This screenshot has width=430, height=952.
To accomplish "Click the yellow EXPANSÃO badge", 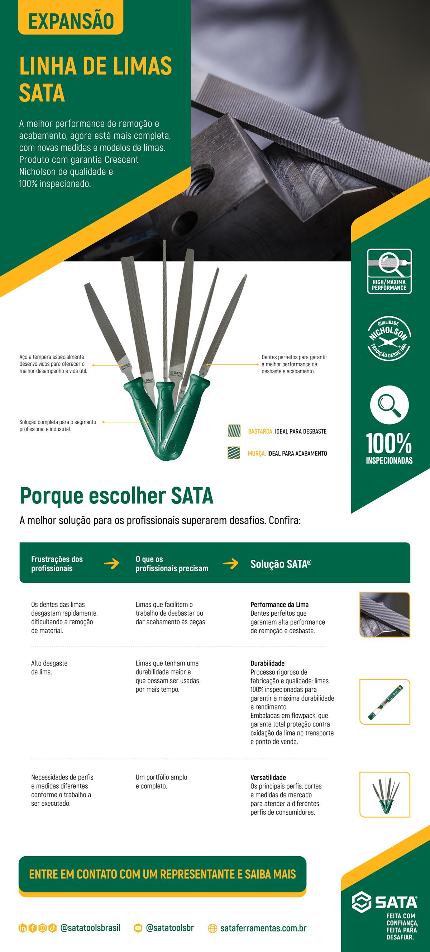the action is pyautogui.click(x=71, y=21).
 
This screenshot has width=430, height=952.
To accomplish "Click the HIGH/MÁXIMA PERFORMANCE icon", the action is pyautogui.click(x=389, y=271).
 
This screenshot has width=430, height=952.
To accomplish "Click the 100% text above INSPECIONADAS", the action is pyautogui.click(x=389, y=444).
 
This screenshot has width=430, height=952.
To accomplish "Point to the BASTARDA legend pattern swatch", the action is pyautogui.click(x=234, y=431).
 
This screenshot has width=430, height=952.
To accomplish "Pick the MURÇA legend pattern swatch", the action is pyautogui.click(x=234, y=453).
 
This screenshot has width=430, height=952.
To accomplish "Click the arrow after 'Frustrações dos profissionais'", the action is pyautogui.click(x=111, y=564).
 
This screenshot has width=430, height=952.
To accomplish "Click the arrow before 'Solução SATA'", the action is pyautogui.click(x=230, y=564).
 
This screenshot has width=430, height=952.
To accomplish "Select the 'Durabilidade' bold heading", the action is pyautogui.click(x=267, y=663).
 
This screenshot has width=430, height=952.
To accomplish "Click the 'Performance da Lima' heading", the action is pyautogui.click(x=279, y=605).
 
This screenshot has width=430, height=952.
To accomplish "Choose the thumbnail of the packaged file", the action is pyautogui.click(x=384, y=701).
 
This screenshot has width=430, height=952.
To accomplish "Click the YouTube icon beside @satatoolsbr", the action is pyautogui.click(x=138, y=928).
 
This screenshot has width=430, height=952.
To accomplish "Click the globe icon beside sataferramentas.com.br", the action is pyautogui.click(x=212, y=928).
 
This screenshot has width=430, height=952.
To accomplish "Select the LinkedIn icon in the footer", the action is pyautogui.click(x=23, y=928).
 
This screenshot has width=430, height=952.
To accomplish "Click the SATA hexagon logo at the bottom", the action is pyautogui.click(x=361, y=903).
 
